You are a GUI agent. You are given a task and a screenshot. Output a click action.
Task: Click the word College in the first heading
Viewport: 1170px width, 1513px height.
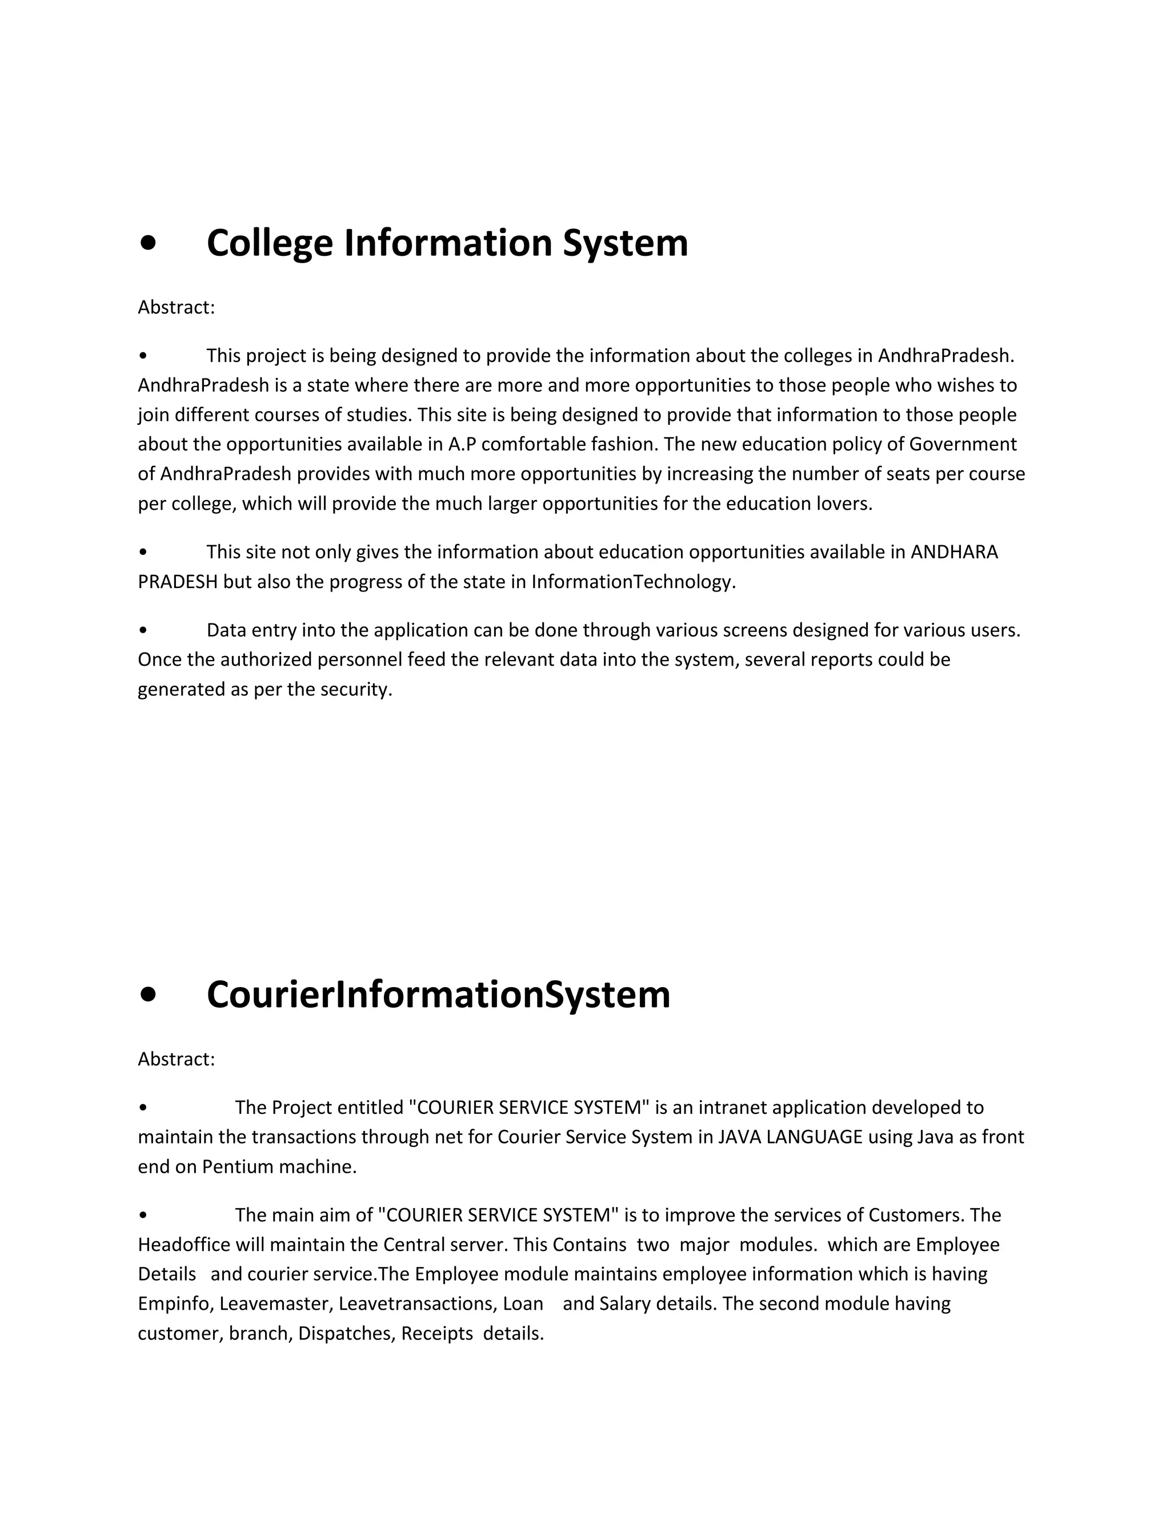[x=270, y=244]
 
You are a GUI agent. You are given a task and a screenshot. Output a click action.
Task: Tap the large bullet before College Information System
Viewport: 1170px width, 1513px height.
[x=147, y=244]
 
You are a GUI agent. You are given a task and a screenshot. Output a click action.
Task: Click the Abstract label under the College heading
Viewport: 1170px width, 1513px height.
[x=176, y=307]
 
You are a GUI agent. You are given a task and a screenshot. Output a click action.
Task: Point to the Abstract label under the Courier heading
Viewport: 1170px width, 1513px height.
[x=176, y=1059]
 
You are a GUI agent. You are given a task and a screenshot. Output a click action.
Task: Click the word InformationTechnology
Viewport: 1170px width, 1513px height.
[x=632, y=582]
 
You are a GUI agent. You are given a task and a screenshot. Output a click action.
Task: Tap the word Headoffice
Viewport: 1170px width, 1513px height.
[x=184, y=1245]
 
